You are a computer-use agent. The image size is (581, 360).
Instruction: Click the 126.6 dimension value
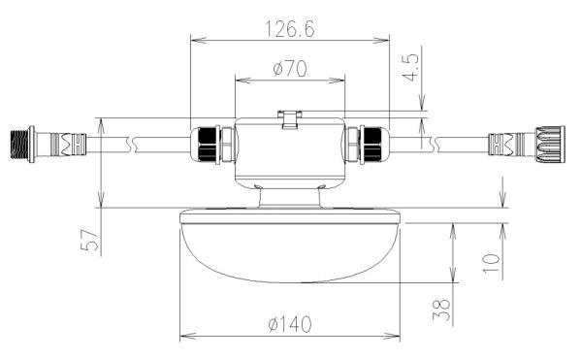point(290,29)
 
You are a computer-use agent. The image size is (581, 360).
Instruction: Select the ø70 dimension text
point(290,69)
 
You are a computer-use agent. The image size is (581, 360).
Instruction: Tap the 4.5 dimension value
point(410,67)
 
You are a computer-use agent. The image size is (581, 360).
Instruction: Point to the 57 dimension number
point(89,240)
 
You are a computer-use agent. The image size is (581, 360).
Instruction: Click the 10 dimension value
point(492,263)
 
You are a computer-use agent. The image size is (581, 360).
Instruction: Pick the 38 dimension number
point(441,310)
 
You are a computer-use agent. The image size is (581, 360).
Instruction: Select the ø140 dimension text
point(290,324)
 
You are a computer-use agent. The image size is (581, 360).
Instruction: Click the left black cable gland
point(208,145)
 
